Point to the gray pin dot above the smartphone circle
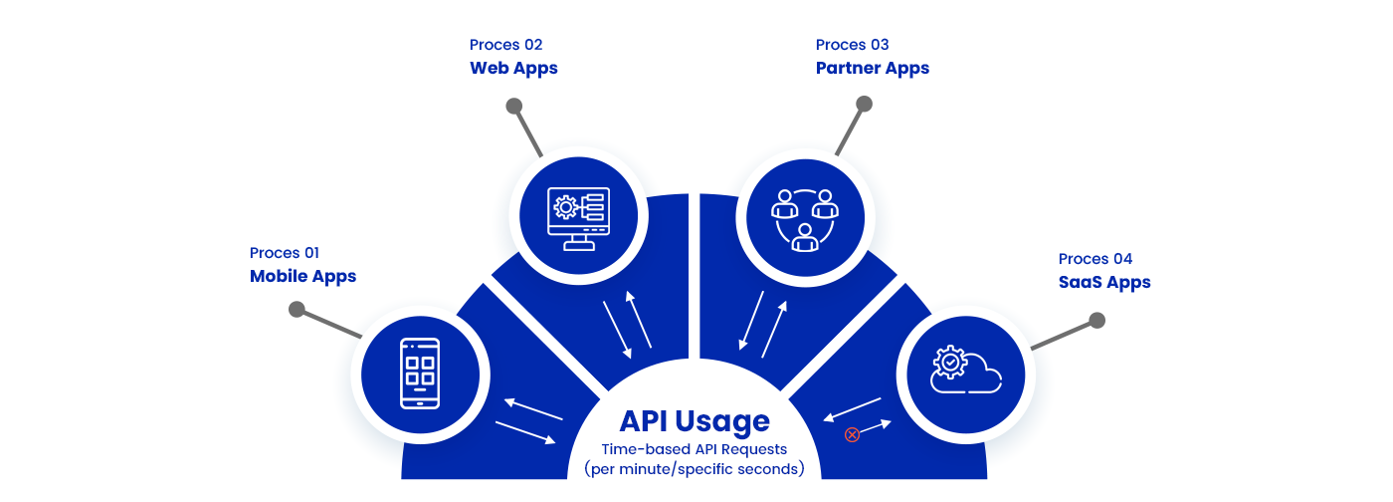pos(297,309)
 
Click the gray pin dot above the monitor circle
pos(513,106)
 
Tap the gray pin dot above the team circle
pos(864,104)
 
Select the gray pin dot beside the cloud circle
pos(1096,320)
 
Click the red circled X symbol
pos(852,434)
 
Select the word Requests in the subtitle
pos(752,449)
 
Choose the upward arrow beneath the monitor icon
pos(639,320)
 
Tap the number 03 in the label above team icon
pos(876,45)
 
